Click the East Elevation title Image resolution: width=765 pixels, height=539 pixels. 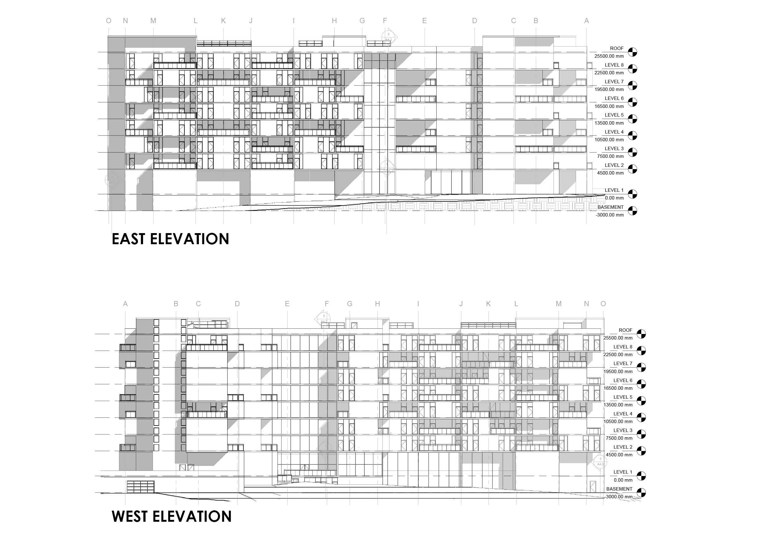(x=170, y=239)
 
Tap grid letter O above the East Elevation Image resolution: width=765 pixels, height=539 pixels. (x=109, y=21)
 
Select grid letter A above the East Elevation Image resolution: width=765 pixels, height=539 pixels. (x=586, y=21)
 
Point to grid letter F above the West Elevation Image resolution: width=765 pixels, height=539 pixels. (x=327, y=303)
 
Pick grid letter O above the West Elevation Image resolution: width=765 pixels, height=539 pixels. (x=603, y=303)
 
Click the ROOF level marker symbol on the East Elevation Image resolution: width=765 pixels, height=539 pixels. (x=632, y=52)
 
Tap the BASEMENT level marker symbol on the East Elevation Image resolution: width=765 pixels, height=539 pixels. (x=632, y=211)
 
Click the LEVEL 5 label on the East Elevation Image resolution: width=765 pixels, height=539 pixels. (x=614, y=115)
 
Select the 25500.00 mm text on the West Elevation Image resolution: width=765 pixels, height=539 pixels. (x=618, y=338)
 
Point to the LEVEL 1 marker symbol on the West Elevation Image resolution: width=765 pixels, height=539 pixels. (x=641, y=476)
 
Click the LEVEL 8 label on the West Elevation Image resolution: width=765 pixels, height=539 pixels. (x=623, y=347)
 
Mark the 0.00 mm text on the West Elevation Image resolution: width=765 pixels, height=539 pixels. (x=623, y=480)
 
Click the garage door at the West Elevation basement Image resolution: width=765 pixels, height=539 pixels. (x=140, y=487)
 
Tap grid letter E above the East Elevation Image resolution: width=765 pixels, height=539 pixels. (x=425, y=21)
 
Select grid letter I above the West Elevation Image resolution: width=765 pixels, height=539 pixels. (x=418, y=303)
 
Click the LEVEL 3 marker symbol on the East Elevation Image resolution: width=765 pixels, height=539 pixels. (x=632, y=152)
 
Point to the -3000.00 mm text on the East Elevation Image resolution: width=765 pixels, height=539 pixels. (x=609, y=215)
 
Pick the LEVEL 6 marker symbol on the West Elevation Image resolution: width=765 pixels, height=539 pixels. (x=641, y=384)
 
